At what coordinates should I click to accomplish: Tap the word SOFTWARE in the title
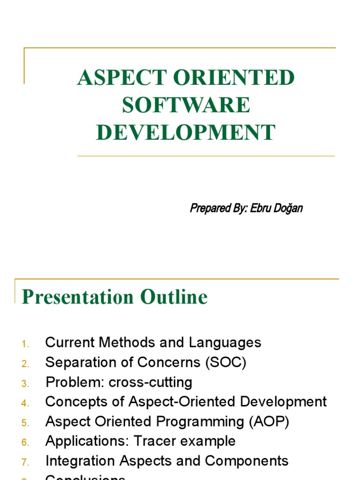click(186, 105)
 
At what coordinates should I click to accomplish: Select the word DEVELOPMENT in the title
click(186, 132)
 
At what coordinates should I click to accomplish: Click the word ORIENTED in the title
click(240, 78)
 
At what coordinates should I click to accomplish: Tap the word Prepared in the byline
click(208, 208)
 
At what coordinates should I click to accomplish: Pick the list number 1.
click(25, 344)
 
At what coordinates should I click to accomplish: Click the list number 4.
click(25, 403)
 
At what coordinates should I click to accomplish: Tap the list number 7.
click(25, 462)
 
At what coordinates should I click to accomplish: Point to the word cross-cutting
click(150, 382)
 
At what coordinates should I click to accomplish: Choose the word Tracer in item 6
click(152, 441)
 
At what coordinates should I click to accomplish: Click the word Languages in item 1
click(225, 343)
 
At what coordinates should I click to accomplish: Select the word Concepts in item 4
click(74, 402)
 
